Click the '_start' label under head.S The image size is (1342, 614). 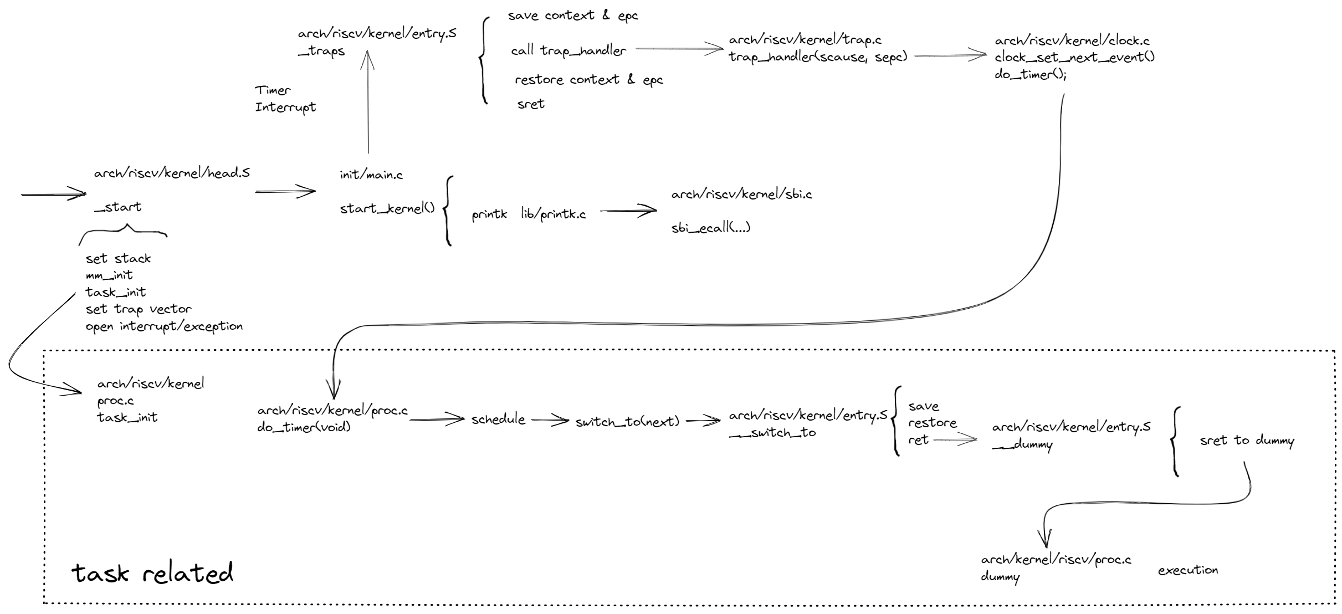117,207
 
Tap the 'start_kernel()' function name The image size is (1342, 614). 387,208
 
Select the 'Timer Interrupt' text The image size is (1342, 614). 285,99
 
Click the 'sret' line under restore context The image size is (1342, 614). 531,104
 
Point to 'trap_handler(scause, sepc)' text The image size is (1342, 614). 818,57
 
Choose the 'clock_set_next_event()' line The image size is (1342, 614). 1074,57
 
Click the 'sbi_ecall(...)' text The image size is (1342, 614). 711,228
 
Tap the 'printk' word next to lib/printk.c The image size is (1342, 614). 489,215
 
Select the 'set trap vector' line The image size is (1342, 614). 139,309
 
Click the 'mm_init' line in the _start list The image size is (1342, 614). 109,275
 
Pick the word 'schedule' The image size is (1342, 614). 498,419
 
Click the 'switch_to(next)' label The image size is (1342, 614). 627,422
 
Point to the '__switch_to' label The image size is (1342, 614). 772,433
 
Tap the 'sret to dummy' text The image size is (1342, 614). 1247,441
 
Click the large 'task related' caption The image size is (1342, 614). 152,574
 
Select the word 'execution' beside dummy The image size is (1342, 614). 1188,570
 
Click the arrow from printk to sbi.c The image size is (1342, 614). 628,211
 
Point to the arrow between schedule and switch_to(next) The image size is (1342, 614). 550,421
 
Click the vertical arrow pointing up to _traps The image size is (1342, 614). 367,103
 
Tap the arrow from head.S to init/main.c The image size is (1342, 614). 285,192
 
